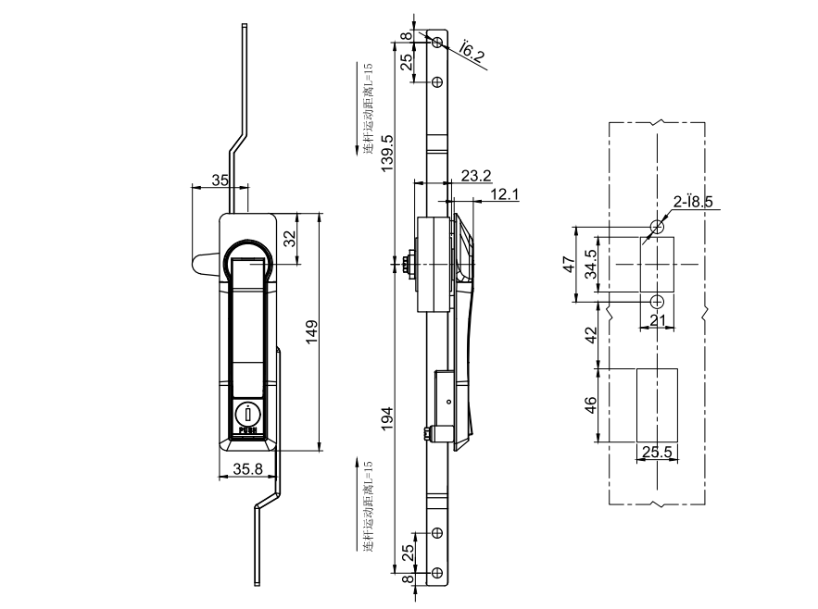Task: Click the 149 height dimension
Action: coord(312,330)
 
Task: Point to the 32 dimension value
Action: coord(288,240)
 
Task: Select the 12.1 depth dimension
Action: coord(505,193)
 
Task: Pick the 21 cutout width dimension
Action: coord(656,320)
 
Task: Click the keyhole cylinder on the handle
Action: coord(247,415)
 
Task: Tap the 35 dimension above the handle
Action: coord(220,180)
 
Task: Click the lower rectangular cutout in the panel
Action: coord(657,405)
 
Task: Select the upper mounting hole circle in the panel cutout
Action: coord(657,227)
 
